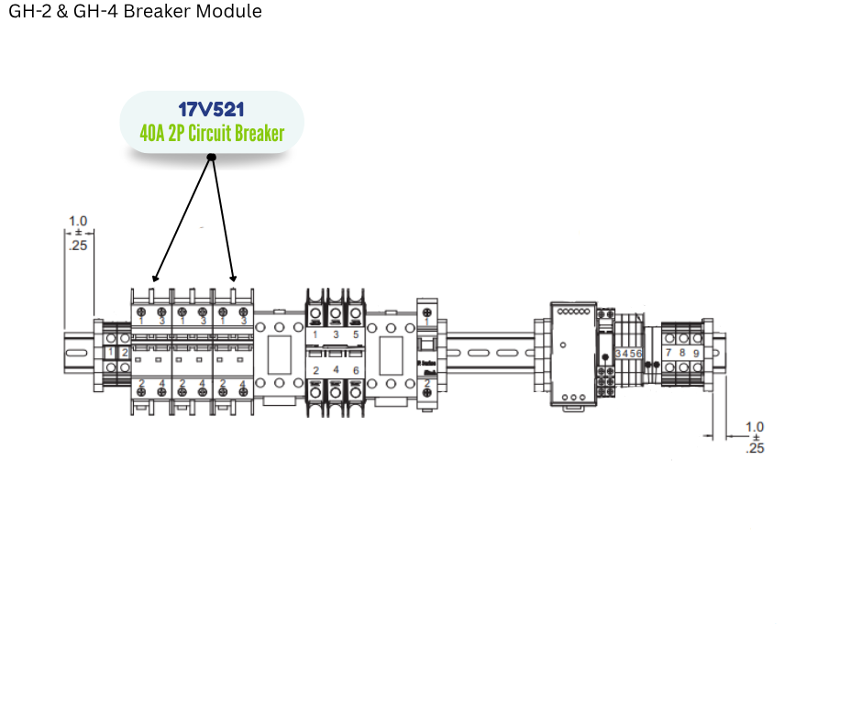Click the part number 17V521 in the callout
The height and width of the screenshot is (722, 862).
coord(211,110)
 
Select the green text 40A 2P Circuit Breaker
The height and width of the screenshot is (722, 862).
coord(212,134)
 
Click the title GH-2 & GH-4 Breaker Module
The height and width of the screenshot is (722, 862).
coord(135,12)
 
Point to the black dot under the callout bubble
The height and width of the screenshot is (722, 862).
coord(212,158)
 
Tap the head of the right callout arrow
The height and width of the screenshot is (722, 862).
coord(234,279)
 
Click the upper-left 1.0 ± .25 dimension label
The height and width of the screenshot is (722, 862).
coord(79,233)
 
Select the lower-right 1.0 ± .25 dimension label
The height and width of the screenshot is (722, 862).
coord(755,437)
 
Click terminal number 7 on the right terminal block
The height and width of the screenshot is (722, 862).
coord(669,353)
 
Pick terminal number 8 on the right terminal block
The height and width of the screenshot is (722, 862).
coord(682,353)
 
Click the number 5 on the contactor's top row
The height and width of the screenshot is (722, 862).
coord(355,335)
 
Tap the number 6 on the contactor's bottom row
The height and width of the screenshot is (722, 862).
coord(355,370)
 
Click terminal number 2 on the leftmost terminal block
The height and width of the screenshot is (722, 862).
coord(125,353)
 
